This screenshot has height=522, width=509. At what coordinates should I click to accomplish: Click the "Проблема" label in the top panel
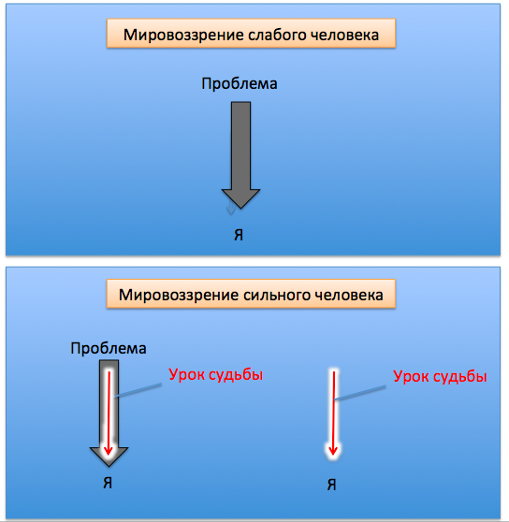(x=240, y=83)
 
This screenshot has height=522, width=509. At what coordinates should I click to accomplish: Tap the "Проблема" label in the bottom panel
(x=109, y=349)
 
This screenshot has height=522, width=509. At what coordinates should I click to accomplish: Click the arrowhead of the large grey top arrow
(x=240, y=198)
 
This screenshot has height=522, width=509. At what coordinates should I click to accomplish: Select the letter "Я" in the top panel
(x=239, y=235)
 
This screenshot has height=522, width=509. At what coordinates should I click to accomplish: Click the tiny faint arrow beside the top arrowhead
(x=231, y=208)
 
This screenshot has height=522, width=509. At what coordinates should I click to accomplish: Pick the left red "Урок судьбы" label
(x=216, y=375)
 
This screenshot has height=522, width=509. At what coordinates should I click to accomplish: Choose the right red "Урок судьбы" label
(x=440, y=376)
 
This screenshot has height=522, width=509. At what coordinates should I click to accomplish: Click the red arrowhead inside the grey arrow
(x=108, y=450)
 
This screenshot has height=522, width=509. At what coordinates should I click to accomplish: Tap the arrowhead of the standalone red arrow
(x=333, y=450)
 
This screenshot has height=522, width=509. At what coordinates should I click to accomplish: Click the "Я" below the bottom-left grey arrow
(x=108, y=483)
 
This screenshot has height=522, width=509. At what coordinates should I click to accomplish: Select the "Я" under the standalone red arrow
(x=331, y=485)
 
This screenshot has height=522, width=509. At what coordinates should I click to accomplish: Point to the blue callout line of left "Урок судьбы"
(x=138, y=390)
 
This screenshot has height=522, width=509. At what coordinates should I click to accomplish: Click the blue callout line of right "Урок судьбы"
(x=360, y=393)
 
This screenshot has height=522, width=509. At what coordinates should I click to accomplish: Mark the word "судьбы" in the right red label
(x=462, y=377)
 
